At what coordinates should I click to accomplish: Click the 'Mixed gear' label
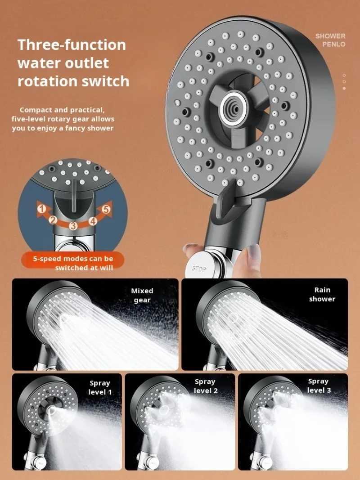pos(142,295)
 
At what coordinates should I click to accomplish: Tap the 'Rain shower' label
pos(322,295)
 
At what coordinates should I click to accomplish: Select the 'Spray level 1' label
pos(100,387)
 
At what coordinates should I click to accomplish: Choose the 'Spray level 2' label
pos(205,386)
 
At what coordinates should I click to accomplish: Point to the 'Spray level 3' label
pos(319,386)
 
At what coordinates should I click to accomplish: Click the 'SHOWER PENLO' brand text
pos(331,40)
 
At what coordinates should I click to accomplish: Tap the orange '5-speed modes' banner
pos(72,263)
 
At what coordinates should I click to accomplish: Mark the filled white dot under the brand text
pos(344,88)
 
